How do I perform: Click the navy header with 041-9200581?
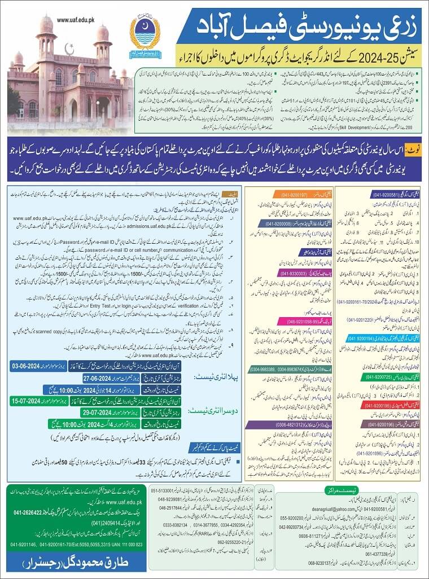[386, 194]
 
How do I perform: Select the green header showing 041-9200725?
[386, 375]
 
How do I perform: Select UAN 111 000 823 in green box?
[128, 545]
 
